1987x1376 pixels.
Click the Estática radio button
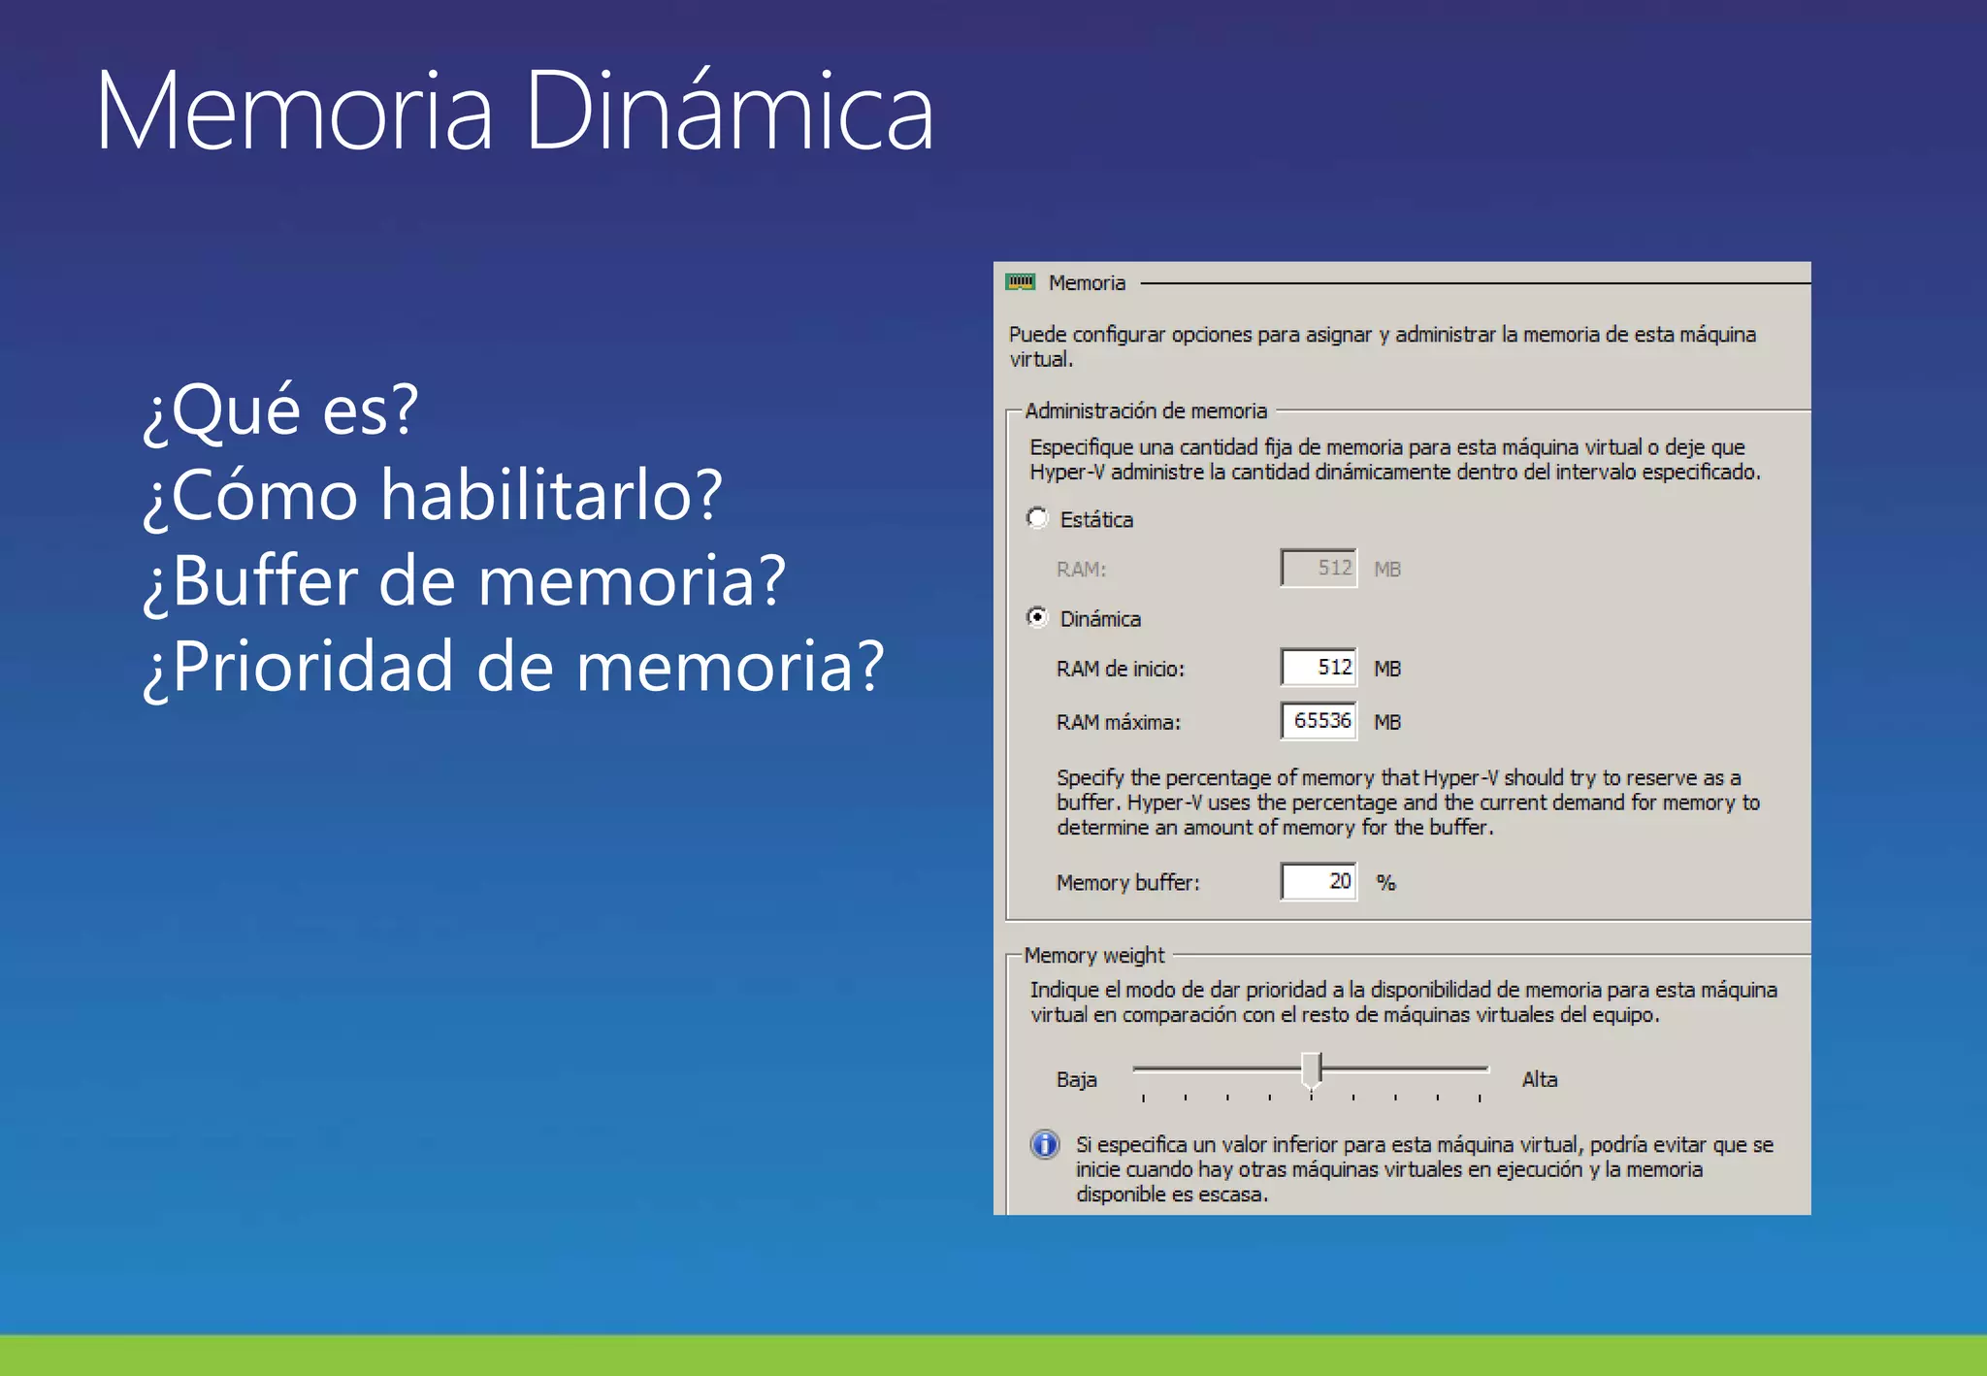(1037, 518)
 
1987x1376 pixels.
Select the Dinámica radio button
(1037, 617)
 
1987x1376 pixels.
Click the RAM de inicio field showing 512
(1318, 668)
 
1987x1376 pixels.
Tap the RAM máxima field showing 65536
(1318, 721)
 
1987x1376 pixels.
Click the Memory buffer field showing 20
(1318, 881)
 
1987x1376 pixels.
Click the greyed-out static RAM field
(1318, 568)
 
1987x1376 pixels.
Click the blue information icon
(1045, 1145)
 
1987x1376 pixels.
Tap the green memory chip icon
(1021, 282)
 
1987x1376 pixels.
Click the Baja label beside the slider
(1077, 1079)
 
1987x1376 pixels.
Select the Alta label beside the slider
(1540, 1079)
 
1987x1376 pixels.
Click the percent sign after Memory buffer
(1385, 882)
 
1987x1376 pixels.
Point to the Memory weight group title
(1094, 955)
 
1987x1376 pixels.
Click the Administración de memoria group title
(1146, 410)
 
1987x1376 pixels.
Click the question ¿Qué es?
(280, 410)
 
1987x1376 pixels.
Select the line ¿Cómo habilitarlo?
(433, 495)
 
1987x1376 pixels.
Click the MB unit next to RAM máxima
(1387, 722)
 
